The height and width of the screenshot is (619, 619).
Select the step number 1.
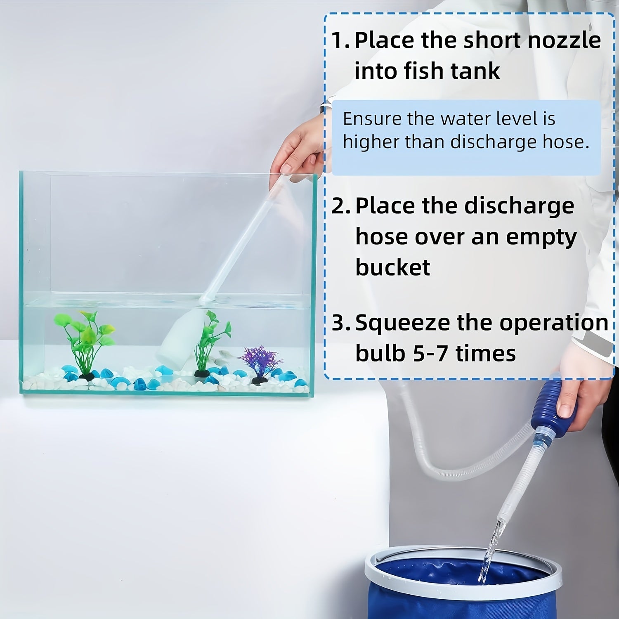click(340, 40)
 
